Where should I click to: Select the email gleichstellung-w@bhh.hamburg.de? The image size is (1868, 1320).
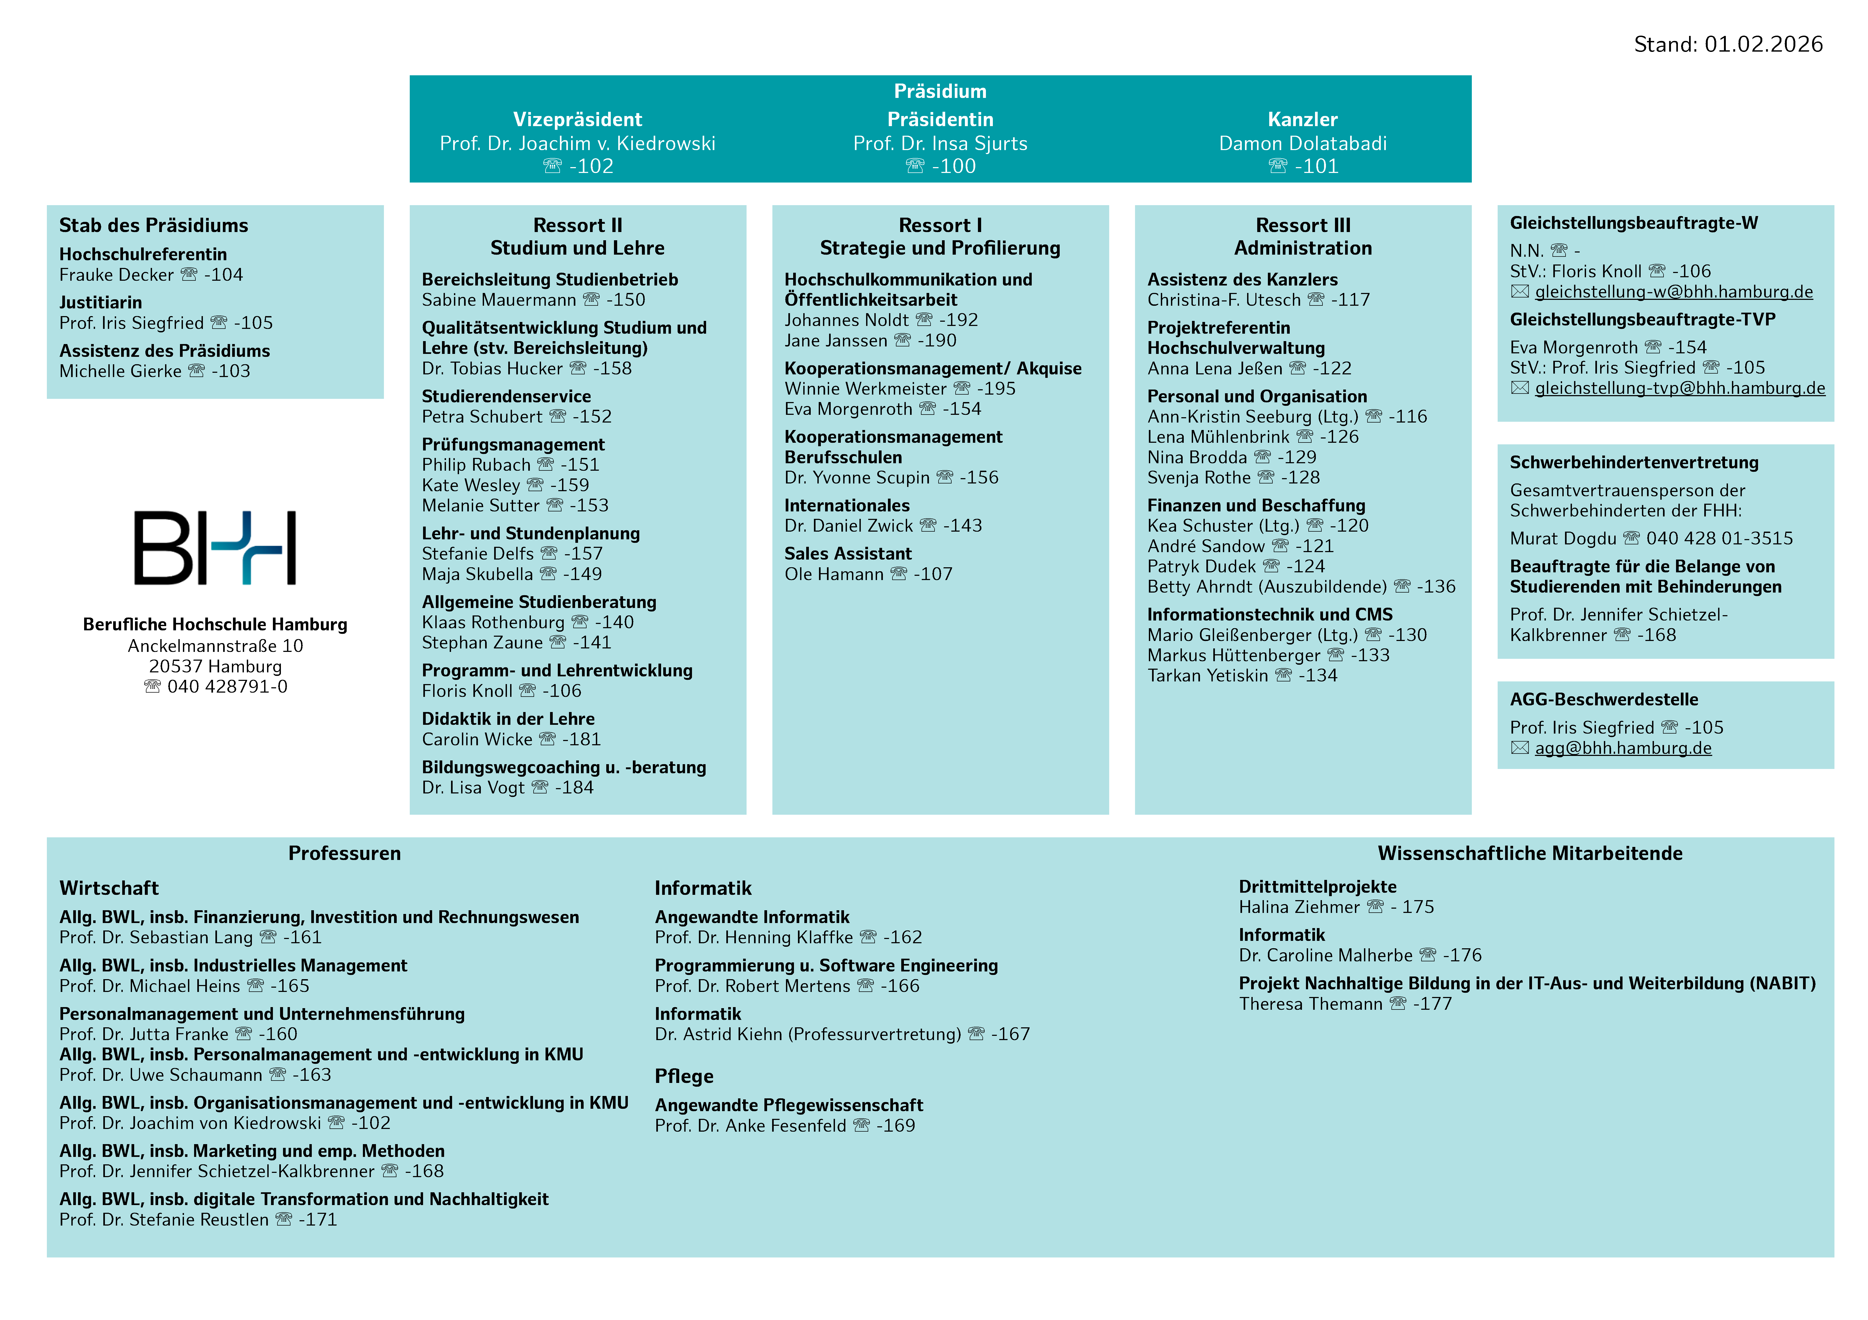click(1674, 292)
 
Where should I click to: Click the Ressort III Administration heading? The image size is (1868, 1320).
click(1302, 237)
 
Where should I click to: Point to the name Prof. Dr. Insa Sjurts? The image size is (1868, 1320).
click(940, 144)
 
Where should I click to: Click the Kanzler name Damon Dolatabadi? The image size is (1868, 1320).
click(1302, 144)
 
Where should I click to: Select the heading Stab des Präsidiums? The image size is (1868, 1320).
click(154, 225)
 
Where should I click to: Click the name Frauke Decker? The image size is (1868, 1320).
click(116, 275)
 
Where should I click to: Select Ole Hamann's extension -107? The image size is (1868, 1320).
click(932, 574)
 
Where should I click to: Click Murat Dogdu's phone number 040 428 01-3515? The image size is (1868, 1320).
click(1719, 539)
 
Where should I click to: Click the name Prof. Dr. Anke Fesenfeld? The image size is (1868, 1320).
click(750, 1125)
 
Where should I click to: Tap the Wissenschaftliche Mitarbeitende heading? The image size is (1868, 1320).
click(1530, 853)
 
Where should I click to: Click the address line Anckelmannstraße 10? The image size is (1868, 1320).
click(215, 646)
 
